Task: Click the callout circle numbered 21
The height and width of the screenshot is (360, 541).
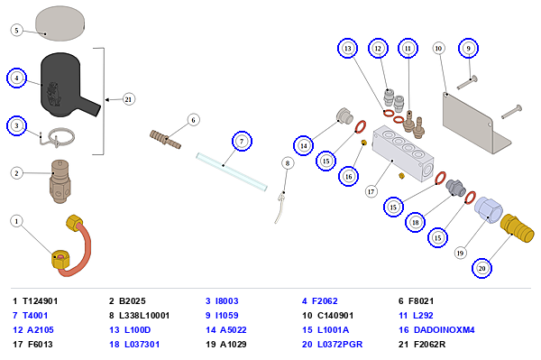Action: pos(128,99)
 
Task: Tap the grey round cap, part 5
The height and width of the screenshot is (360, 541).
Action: pos(60,23)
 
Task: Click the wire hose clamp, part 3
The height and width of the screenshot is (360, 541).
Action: pos(58,137)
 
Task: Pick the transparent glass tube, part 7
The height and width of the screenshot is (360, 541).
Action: pos(232,171)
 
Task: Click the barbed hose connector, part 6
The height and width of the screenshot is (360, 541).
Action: pos(165,140)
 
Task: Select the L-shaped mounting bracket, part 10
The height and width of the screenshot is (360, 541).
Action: pos(475,124)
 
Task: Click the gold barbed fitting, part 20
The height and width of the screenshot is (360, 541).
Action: pos(517,227)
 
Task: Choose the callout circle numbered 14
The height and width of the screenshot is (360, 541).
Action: pos(304,145)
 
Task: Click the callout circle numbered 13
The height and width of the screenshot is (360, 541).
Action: pos(347,49)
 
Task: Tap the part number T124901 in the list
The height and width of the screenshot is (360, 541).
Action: pos(40,301)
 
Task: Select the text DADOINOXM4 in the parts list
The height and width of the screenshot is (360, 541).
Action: pos(444,330)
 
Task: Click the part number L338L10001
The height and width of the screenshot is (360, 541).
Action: pos(144,316)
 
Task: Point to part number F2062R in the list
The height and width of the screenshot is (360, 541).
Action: pos(429,345)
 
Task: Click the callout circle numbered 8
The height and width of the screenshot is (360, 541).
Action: pos(288,163)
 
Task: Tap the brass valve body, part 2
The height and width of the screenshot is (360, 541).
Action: pos(60,181)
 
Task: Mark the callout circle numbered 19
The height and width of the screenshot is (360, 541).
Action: pos(460,254)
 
